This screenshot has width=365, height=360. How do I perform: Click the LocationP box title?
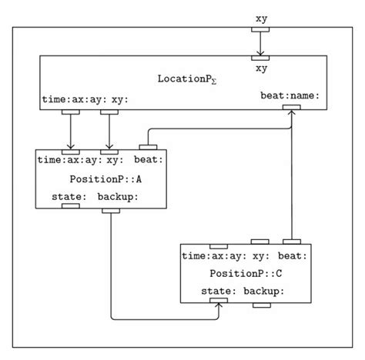tap(184, 80)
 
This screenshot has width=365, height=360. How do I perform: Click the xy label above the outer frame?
tap(261, 16)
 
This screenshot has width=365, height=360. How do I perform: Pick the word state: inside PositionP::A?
tap(69, 196)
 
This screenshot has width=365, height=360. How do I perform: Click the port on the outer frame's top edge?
tap(261, 30)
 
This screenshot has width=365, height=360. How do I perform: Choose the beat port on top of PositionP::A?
tap(147, 146)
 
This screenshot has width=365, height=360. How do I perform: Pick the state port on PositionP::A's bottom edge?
tap(70, 206)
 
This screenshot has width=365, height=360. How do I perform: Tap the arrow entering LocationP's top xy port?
tap(261, 43)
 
